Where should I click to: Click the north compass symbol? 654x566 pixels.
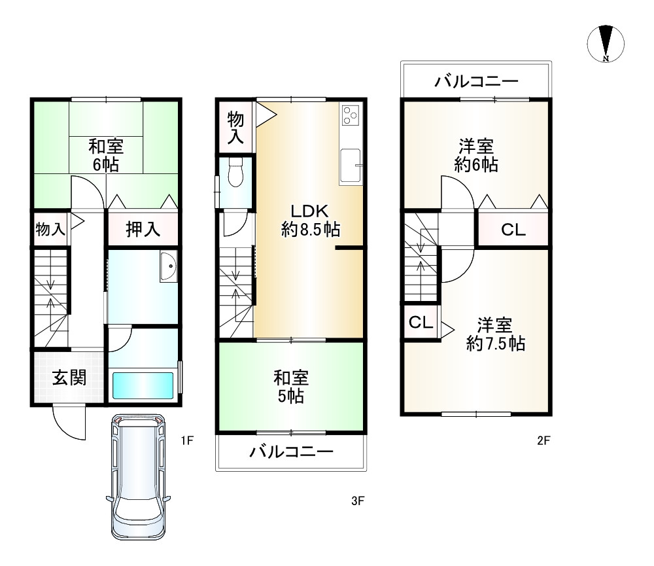pos(606,44)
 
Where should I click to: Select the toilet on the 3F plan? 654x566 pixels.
pos(236,173)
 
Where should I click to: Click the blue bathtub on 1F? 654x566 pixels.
pos(143,385)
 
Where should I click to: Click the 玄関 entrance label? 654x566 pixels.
pos(68,378)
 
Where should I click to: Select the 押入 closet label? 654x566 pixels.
pos(143,230)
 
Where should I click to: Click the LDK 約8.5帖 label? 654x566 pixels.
pos(310,220)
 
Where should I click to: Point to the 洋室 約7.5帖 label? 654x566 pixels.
pos(495,334)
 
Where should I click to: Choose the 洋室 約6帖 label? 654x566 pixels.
pos(477,155)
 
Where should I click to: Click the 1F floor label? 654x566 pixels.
pos(188,440)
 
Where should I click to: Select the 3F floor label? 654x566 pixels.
pos(357,502)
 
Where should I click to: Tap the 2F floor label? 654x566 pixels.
pos(543,440)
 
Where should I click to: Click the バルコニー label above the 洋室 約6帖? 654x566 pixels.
pos(477,82)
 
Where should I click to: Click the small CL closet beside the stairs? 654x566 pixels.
pos(421,323)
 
